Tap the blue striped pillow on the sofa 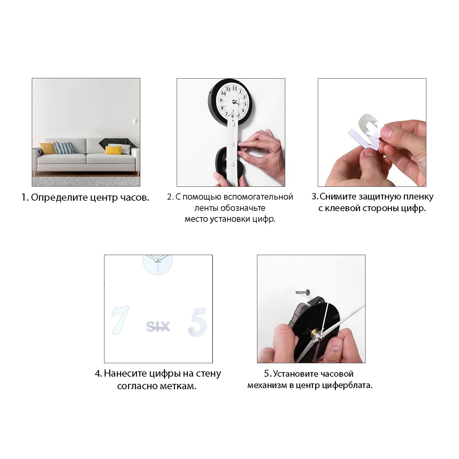click(64, 148)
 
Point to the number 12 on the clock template click(234, 88)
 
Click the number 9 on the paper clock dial click(221, 100)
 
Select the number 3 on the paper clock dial click(245, 104)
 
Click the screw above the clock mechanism click(303, 292)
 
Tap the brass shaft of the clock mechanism click(315, 334)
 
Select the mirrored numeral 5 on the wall click(198, 322)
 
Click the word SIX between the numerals click(158, 327)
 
